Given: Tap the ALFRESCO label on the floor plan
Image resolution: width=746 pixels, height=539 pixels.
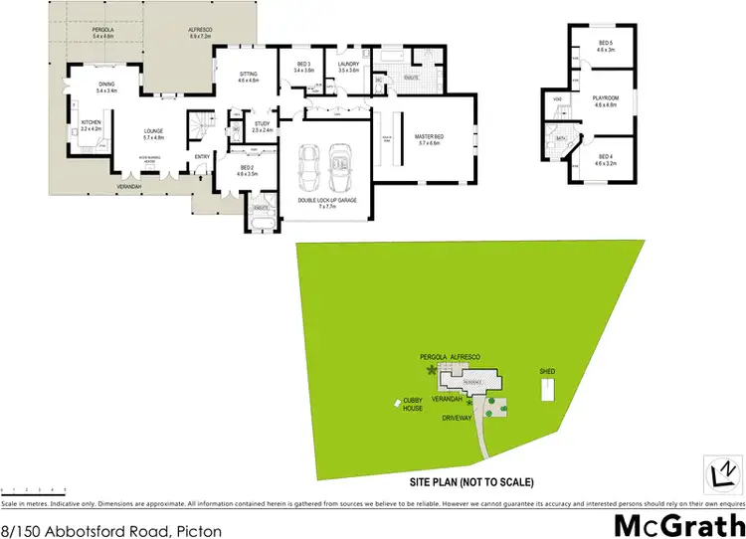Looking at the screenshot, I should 202,31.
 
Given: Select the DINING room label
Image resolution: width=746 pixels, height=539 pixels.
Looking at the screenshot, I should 106,87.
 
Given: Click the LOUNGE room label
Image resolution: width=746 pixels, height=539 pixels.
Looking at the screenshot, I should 153,133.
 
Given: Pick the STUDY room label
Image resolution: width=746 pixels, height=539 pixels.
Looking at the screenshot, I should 263,125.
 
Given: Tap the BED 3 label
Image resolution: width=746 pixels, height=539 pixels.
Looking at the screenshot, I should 303,67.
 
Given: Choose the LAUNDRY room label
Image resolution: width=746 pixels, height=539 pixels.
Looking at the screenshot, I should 348,67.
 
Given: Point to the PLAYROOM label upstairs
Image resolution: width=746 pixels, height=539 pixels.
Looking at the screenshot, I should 606,99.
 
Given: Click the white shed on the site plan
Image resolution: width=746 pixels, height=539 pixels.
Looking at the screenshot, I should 546,390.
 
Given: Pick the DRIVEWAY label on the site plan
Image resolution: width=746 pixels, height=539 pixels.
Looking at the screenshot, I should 465,419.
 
